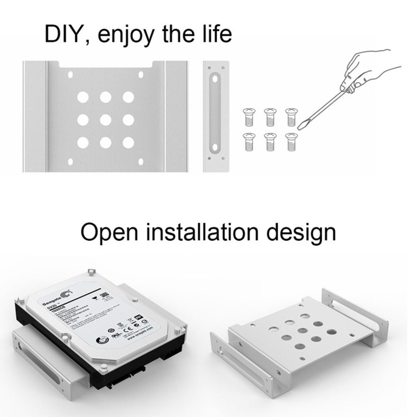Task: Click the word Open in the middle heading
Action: click(110, 233)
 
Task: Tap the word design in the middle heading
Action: click(301, 233)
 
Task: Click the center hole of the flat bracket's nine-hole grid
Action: click(106, 120)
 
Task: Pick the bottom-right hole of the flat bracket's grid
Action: click(128, 143)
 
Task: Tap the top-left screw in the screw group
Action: click(249, 116)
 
